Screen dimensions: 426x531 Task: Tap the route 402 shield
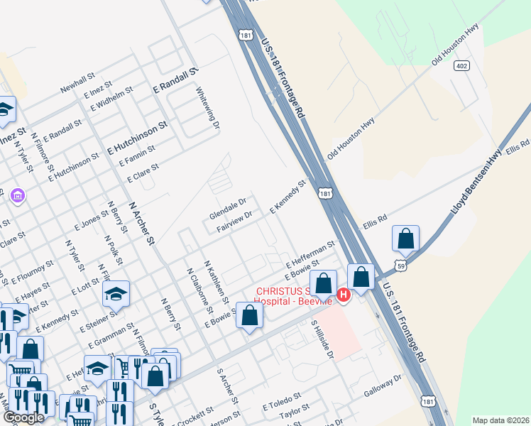coord(461,66)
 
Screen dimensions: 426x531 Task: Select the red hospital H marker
coord(344,295)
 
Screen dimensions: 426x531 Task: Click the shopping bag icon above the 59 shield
coord(405,238)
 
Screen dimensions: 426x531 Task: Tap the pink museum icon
coord(18,195)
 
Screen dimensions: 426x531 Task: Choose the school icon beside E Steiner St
coord(116,293)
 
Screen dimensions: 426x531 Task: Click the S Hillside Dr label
coord(322,339)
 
